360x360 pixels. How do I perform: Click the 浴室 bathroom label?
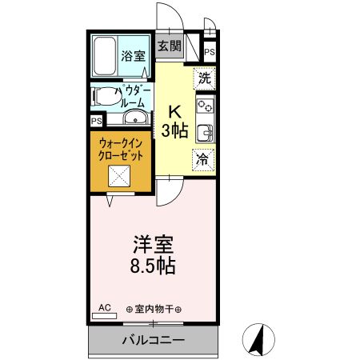pyautogui.click(x=133, y=57)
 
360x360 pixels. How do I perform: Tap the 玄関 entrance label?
pyautogui.click(x=168, y=46)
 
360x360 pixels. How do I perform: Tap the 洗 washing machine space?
pyautogui.click(x=205, y=78)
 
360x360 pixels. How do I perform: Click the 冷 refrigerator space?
pyautogui.click(x=205, y=158)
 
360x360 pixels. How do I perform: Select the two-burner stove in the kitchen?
pyautogui.click(x=205, y=105)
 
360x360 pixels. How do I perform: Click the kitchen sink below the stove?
pyautogui.click(x=205, y=131)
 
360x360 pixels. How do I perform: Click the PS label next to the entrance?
pyautogui.click(x=210, y=53)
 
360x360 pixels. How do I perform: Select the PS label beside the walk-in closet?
pyautogui.click(x=96, y=122)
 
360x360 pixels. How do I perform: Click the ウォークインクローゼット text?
pyautogui.click(x=122, y=150)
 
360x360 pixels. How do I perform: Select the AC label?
pyautogui.click(x=104, y=307)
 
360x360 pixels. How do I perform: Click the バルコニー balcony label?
pyautogui.click(x=154, y=340)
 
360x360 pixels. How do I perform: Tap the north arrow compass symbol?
pyautogui.click(x=259, y=338)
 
